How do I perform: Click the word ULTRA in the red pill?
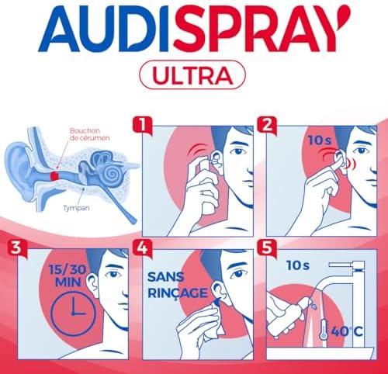coord(192,75)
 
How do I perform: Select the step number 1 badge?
coord(142,126)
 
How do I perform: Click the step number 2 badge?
coord(267,126)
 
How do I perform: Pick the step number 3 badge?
coord(17,248)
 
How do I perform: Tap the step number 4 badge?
coord(142,248)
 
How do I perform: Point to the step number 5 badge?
coord(267,248)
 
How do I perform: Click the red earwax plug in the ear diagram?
coord(54,176)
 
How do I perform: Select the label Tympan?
coord(77,208)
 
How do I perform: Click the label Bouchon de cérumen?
coord(89,134)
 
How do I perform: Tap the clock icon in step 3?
coord(74,313)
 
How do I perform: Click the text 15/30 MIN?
coord(68,276)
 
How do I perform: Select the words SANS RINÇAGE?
coord(178,285)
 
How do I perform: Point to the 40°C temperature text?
coord(347,331)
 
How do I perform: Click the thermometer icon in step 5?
coord(324,330)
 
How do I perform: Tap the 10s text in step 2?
coord(320,140)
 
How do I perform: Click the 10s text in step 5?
coord(298,265)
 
